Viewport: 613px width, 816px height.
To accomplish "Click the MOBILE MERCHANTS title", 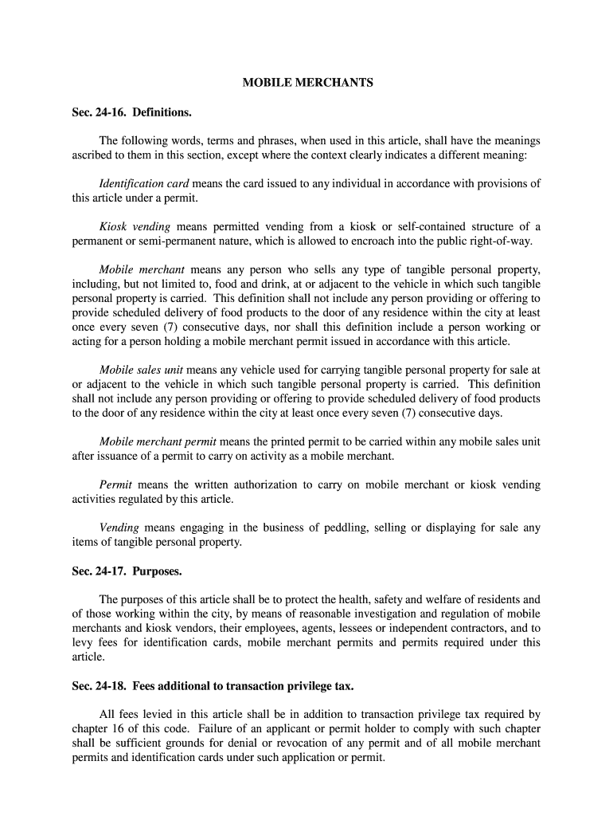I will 307,83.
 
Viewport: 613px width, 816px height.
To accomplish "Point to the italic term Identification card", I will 143,183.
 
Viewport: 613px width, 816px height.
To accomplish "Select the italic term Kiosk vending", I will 135,227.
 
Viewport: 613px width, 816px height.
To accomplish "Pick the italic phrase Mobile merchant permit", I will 158,441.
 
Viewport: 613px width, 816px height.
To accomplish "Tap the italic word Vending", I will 119,528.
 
